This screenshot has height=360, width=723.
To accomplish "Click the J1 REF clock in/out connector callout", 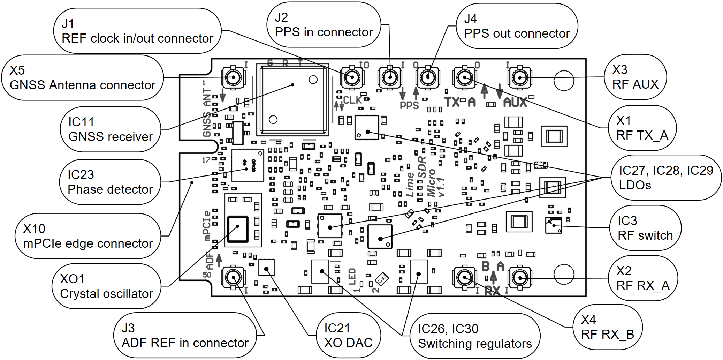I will [x=137, y=31].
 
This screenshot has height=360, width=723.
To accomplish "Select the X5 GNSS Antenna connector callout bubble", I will [x=82, y=77].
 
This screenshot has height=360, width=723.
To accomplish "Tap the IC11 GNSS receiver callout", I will [x=110, y=129].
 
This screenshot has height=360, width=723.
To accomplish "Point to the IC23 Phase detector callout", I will [x=110, y=182].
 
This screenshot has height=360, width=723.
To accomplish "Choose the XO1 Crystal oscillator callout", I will [x=106, y=286].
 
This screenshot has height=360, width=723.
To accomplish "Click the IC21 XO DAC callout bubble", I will [x=348, y=336].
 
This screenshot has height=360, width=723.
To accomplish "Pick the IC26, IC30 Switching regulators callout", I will [x=475, y=336].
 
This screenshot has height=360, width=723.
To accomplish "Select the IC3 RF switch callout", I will [x=645, y=228].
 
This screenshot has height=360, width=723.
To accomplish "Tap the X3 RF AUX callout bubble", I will [x=635, y=77].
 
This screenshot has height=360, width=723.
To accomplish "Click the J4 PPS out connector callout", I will [x=517, y=26].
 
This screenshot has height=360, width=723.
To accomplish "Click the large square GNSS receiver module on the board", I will [x=293, y=100].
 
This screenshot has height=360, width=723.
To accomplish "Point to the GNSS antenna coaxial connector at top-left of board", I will [x=233, y=77].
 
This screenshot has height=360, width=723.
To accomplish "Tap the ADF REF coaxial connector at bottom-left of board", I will [x=233, y=278].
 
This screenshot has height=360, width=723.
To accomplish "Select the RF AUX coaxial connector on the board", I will [x=520, y=77].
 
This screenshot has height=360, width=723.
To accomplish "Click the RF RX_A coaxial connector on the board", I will [x=520, y=278].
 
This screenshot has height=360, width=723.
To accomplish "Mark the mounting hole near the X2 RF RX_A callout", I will [x=564, y=275].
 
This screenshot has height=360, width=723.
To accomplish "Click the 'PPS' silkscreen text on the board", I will [x=409, y=105].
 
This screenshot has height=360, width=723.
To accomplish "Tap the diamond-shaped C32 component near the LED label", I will [x=382, y=279].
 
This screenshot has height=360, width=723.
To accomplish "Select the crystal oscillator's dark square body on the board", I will [x=238, y=229].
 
